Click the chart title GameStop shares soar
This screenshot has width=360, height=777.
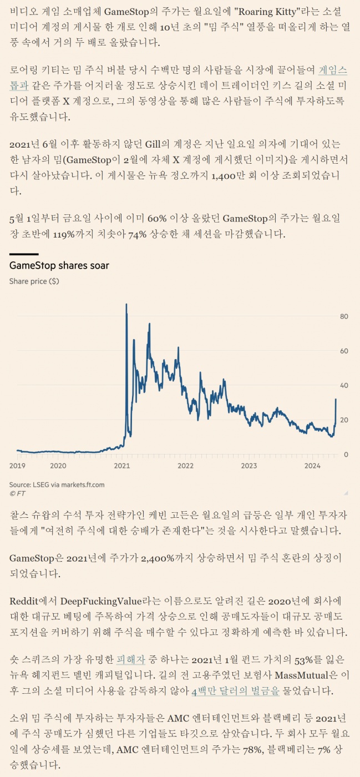click(59, 266)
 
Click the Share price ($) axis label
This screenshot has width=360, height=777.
click(34, 281)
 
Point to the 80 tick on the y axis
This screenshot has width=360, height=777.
click(344, 317)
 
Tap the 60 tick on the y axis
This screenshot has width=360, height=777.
click(344, 351)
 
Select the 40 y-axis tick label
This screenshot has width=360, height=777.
click(344, 386)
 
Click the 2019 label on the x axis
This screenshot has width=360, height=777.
click(17, 466)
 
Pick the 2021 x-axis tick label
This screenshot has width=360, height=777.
click(122, 466)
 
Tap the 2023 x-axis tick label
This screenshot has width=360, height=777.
click(249, 466)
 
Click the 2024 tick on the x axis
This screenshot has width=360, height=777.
click(312, 466)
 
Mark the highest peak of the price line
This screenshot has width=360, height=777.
click(126, 305)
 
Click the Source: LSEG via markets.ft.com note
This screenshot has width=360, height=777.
click(57, 485)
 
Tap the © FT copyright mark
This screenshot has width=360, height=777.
click(17, 493)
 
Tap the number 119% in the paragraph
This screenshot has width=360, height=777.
click(67, 234)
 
